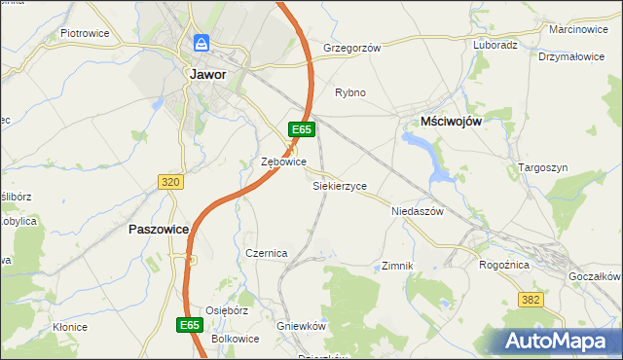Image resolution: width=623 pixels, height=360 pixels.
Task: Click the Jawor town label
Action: point(204,74)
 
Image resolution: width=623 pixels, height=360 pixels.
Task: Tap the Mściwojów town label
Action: point(452,120)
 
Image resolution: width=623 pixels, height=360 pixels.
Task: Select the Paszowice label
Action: point(156,230)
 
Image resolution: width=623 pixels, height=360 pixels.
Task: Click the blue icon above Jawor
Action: point(202,44)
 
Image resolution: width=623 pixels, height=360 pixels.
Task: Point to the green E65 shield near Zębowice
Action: point(301,129)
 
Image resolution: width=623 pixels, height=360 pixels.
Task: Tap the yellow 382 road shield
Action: point(531,302)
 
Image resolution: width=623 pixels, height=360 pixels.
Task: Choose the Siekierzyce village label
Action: point(340,185)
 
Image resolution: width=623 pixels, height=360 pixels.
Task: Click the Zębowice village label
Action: point(284,162)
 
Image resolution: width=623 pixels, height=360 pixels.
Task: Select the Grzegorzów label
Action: point(351,47)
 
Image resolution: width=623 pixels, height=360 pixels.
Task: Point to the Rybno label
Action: point(350,93)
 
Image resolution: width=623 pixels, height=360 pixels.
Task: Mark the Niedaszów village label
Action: point(417,211)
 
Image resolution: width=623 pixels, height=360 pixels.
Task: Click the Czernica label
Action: point(267,253)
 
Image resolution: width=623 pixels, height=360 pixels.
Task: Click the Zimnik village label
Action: point(398,266)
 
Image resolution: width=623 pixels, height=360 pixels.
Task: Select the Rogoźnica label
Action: point(504,264)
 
